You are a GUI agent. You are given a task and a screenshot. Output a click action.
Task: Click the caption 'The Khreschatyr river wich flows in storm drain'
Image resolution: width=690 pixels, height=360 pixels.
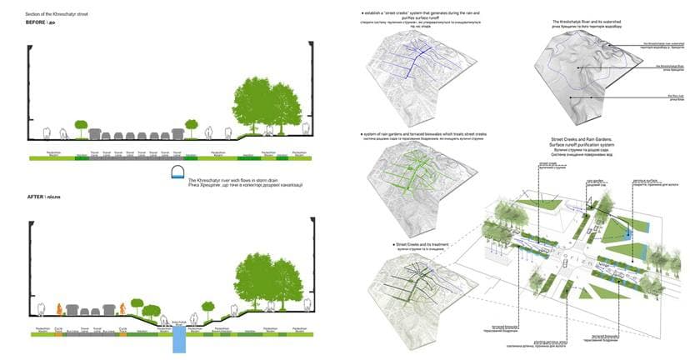point(237,181)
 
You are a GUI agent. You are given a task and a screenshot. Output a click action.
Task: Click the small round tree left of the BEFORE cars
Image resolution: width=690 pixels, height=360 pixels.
point(81,125)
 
